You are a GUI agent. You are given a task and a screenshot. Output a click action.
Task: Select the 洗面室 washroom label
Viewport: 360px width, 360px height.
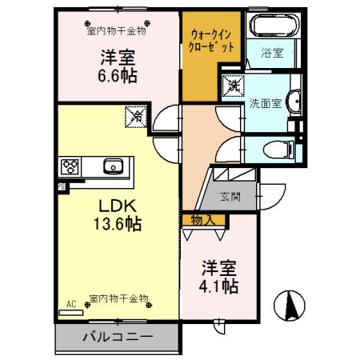pos(266,103)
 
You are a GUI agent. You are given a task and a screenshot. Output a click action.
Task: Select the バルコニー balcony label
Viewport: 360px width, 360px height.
pos(118,337)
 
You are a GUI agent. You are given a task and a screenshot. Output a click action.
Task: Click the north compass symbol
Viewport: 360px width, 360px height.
pos(290,305)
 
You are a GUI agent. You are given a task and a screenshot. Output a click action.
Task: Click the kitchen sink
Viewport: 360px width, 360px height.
pos(111,167)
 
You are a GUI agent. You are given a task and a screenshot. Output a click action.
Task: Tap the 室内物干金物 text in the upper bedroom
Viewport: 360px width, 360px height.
pos(116,31)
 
